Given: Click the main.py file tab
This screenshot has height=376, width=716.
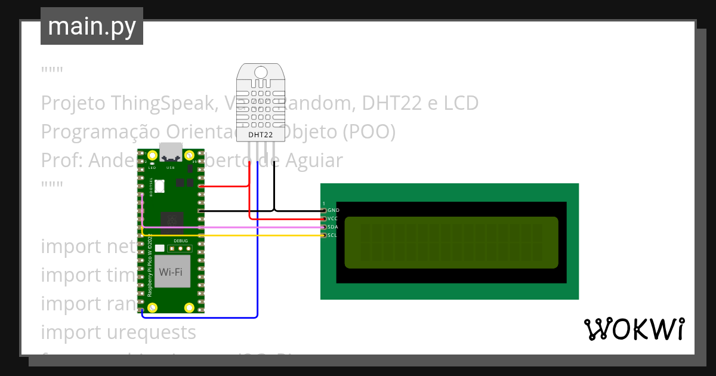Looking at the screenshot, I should coord(91,26).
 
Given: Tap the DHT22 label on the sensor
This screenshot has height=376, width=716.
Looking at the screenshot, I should coord(261,135).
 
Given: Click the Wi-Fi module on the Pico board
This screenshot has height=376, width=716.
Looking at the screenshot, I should coord(170,272).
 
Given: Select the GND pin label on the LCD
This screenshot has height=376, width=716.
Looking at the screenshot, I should coord(334,211).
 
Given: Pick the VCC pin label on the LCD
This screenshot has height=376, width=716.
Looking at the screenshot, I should coord(333,219).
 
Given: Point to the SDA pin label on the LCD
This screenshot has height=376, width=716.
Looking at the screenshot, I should coord(333,227).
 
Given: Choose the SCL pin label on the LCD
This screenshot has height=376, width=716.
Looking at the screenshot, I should coord(333,236).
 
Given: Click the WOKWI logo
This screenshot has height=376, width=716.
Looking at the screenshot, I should coord(634,329).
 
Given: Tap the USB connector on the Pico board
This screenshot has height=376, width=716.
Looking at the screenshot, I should coord(171,153).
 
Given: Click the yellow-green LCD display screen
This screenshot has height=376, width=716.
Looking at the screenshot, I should coord(451,242).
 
